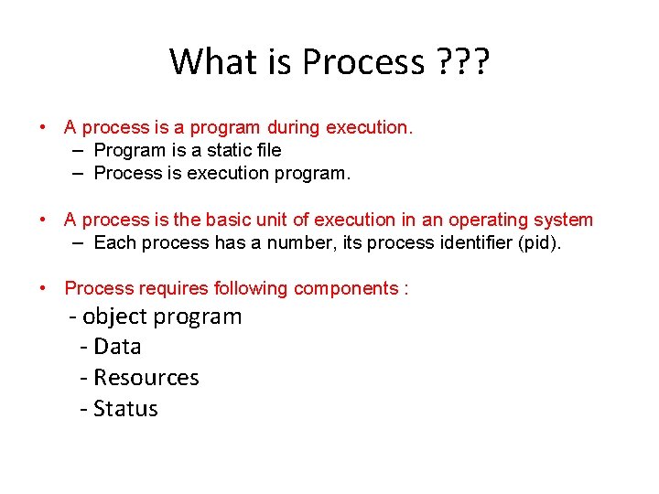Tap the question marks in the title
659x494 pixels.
coord(461,62)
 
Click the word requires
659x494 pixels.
coord(174,288)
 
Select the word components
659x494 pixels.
coord(345,288)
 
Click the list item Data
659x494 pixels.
coord(117,347)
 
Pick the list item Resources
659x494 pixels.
coord(146,378)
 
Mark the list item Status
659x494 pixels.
coord(125,409)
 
